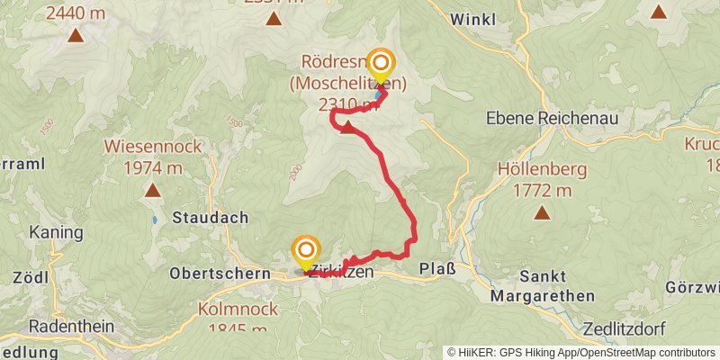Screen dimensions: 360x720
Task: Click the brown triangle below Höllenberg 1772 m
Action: click(542, 213)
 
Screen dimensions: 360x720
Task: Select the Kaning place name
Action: click(56, 232)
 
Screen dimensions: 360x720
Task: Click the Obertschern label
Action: click(220, 273)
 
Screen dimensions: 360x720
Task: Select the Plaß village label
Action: click(437, 269)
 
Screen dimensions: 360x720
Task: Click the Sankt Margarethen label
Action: click(543, 285)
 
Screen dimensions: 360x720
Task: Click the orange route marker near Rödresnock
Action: click(382, 64)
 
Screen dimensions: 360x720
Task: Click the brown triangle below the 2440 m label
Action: click(75, 36)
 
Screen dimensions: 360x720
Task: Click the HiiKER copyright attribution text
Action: click(581, 353)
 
